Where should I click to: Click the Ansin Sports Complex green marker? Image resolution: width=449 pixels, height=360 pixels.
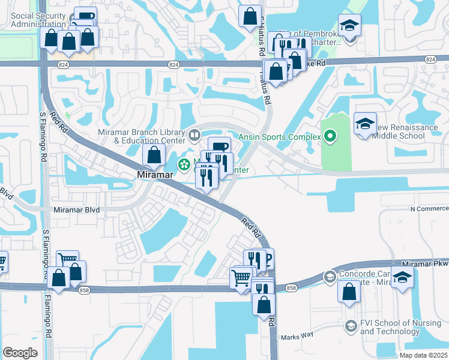[x=330, y=137]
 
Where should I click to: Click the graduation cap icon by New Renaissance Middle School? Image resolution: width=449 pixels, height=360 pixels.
[x=365, y=124]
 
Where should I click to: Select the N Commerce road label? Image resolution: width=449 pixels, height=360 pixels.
[x=429, y=208]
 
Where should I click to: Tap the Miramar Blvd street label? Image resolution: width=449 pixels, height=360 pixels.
[x=76, y=210]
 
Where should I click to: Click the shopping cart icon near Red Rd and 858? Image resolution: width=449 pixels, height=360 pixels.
[x=241, y=278]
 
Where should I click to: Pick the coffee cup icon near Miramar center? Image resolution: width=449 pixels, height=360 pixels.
[x=219, y=146]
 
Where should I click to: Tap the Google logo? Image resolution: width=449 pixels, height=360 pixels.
[x=20, y=353]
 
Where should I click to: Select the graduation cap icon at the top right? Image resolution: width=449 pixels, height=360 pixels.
[x=349, y=25]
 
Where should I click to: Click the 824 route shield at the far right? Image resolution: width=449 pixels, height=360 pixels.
[x=429, y=59]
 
